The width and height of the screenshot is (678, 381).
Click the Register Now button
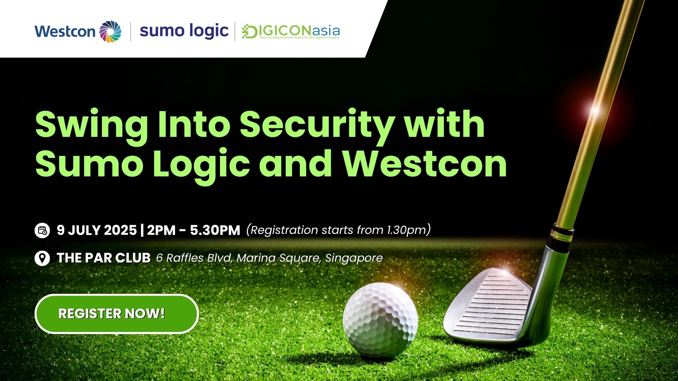[117, 314]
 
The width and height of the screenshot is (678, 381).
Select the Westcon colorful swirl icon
[110, 32]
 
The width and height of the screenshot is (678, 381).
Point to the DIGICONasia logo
[291, 32]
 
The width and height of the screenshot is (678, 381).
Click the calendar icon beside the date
[42, 230]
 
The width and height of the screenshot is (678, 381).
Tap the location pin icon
[42, 258]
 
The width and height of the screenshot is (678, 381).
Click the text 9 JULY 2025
[97, 230]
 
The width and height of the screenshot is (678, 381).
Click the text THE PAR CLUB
[103, 258]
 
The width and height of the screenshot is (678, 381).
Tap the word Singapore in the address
[354, 258]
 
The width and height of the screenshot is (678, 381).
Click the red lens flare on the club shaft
[595, 110]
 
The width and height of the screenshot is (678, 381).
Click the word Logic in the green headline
[201, 164]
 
